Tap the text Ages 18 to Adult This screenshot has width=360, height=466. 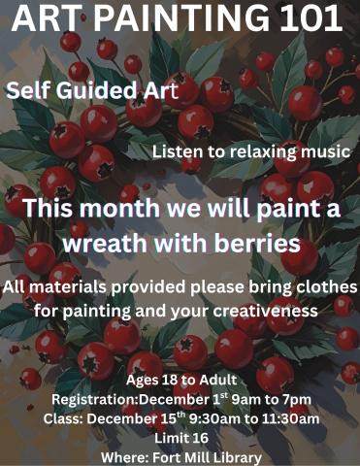179,380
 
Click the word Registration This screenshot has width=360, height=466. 91,399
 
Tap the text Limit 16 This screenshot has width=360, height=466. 180,439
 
